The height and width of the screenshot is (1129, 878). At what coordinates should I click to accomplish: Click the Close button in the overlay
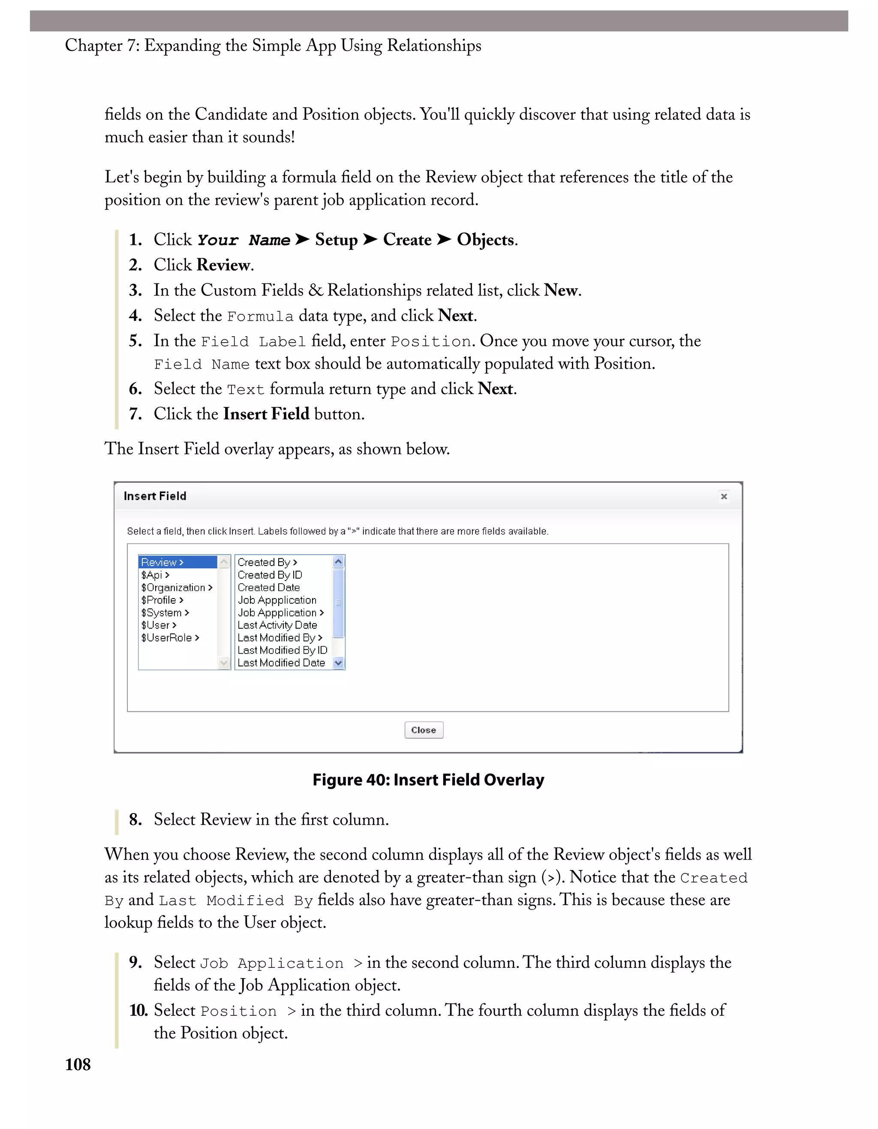point(423,730)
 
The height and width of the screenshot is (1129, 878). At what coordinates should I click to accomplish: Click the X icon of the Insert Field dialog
point(724,496)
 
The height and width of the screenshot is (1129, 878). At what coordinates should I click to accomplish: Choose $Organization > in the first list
point(176,587)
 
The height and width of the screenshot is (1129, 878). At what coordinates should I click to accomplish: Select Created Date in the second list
point(268,587)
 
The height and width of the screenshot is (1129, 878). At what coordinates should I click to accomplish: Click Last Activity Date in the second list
point(277,625)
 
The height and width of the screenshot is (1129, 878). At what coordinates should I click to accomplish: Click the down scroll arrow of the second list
point(339,663)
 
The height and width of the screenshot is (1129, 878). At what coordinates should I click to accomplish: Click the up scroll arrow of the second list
point(339,562)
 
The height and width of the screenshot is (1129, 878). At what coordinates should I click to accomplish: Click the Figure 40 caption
point(428,780)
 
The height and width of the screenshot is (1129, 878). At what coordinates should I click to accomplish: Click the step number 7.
point(135,414)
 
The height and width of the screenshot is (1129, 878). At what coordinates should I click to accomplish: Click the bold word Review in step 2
point(223,265)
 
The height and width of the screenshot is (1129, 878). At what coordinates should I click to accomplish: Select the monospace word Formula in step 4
point(260,316)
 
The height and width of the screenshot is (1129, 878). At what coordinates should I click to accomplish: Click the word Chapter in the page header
point(93,45)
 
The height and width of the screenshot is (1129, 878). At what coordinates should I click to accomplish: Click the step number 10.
point(138,1010)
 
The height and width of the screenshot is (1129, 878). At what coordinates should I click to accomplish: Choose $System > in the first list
point(165,613)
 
